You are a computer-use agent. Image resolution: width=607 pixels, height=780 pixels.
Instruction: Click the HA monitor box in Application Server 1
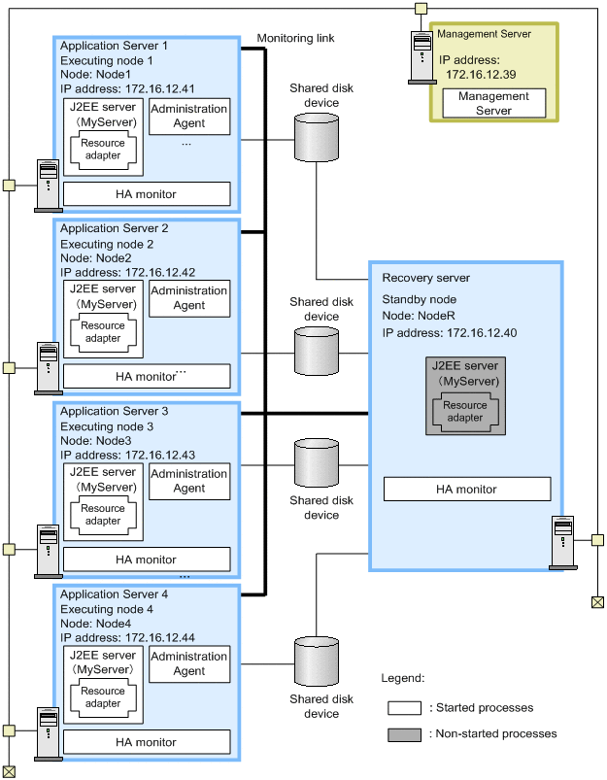(147, 194)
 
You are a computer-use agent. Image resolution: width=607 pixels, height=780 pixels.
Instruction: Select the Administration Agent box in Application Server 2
(189, 298)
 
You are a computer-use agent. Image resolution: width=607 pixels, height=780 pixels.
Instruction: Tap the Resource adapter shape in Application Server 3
(103, 515)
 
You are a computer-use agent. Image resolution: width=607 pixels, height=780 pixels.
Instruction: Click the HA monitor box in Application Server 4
(147, 742)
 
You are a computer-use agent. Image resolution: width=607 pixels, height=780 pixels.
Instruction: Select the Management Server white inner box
(493, 104)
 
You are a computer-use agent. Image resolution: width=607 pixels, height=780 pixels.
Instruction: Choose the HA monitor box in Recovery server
(467, 490)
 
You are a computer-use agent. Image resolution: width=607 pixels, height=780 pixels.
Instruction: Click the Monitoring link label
(295, 39)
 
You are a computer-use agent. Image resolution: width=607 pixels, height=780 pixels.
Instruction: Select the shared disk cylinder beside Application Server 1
(316, 138)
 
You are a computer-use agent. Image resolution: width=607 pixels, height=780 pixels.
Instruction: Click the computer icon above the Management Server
(421, 57)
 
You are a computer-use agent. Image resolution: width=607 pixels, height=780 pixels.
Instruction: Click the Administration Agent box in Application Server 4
(189, 663)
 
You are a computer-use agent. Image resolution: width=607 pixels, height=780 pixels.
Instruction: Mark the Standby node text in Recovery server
(420, 299)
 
